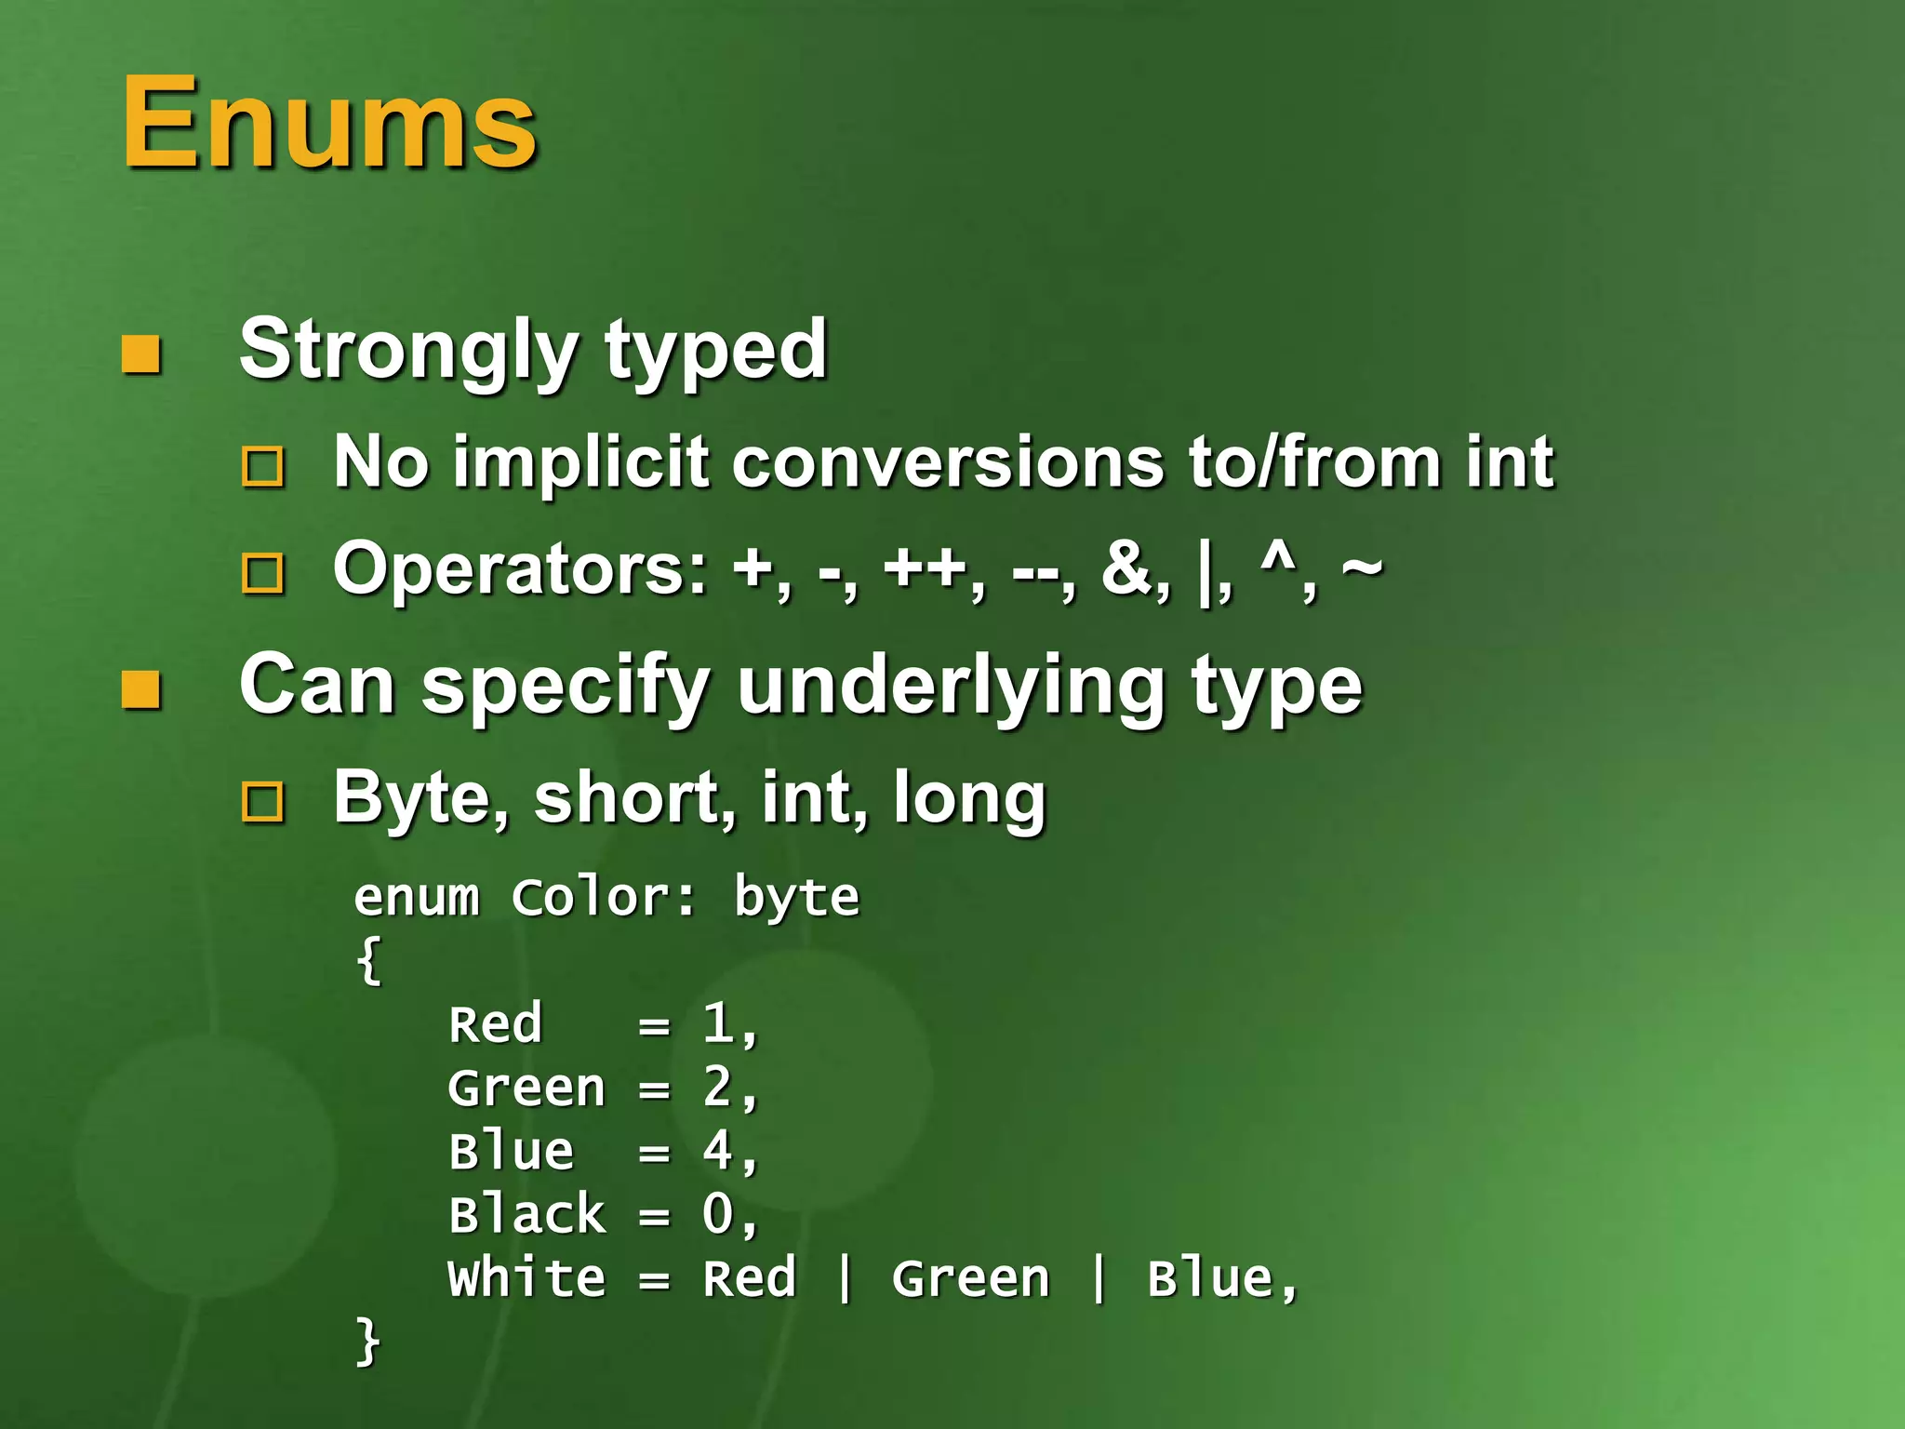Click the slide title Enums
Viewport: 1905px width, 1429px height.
tap(329, 123)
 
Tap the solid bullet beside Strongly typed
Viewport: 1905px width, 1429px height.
tap(141, 354)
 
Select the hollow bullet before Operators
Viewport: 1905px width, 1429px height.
tap(262, 573)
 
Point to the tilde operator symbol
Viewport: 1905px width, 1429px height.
tap(1362, 568)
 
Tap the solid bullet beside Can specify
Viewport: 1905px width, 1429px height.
tap(141, 690)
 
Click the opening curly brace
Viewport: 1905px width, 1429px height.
tap(368, 960)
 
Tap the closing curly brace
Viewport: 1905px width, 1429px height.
tap(368, 1341)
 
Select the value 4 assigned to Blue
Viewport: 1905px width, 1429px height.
tap(717, 1150)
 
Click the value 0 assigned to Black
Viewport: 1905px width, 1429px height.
tap(717, 1214)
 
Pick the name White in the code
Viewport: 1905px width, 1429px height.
tap(526, 1277)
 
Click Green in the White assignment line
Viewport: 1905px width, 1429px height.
tap(970, 1277)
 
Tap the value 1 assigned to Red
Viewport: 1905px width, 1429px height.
tap(717, 1023)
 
